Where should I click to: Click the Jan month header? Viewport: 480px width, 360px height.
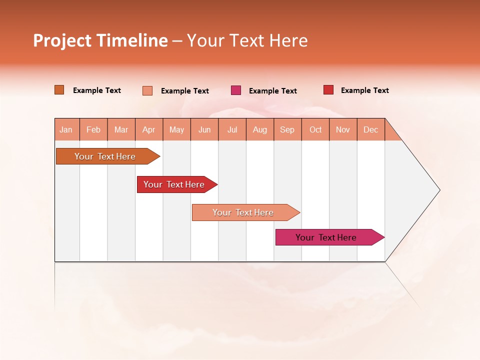coord(66,129)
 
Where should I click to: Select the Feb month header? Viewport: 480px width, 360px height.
coord(93,129)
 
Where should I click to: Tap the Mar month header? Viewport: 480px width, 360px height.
coord(121,129)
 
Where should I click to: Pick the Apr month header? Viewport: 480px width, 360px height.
coord(149,129)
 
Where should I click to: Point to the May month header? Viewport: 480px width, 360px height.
coord(176,129)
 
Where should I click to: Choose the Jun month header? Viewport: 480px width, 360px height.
coord(204,129)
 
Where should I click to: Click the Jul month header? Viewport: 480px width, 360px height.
coord(232,129)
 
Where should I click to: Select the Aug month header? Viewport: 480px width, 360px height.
coord(260,129)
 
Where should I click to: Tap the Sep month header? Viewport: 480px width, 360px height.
coord(287,129)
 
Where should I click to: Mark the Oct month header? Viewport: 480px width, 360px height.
coord(315,129)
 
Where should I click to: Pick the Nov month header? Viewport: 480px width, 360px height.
coord(343,129)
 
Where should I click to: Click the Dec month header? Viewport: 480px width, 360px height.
coord(370,129)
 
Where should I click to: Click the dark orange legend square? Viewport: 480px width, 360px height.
coord(59,90)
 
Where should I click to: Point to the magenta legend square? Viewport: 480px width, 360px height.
coord(236,90)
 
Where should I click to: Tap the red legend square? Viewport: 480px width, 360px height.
coord(328,90)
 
